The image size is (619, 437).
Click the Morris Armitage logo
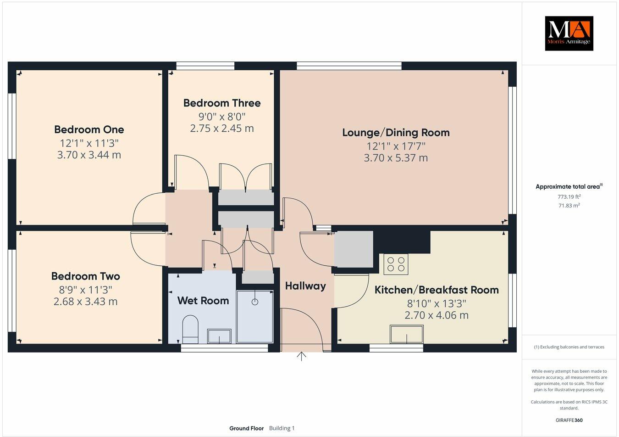[x=569, y=34]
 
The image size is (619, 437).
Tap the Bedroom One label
[x=89, y=129]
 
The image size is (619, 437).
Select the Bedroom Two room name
[x=85, y=276]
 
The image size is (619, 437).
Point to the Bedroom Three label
[x=222, y=103]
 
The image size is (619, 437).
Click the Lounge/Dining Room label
[x=396, y=133]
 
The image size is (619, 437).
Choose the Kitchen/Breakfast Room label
[x=437, y=290]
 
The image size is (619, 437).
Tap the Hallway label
[x=305, y=286]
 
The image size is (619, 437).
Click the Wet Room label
[x=203, y=301]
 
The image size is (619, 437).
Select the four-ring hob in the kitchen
[x=396, y=264]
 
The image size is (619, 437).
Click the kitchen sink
[x=407, y=334]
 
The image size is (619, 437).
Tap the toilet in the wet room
[x=190, y=329]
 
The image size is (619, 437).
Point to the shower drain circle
[x=255, y=302]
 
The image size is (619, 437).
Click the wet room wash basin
[x=220, y=336]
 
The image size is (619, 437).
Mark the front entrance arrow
[x=301, y=356]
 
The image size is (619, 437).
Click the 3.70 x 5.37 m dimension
[x=396, y=158]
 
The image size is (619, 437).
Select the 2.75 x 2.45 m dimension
[x=222, y=129]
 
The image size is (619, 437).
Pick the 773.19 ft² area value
[x=569, y=196]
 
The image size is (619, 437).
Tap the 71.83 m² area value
[x=569, y=206]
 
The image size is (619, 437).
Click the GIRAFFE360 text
[x=569, y=420]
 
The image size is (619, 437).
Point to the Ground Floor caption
[x=246, y=428]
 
